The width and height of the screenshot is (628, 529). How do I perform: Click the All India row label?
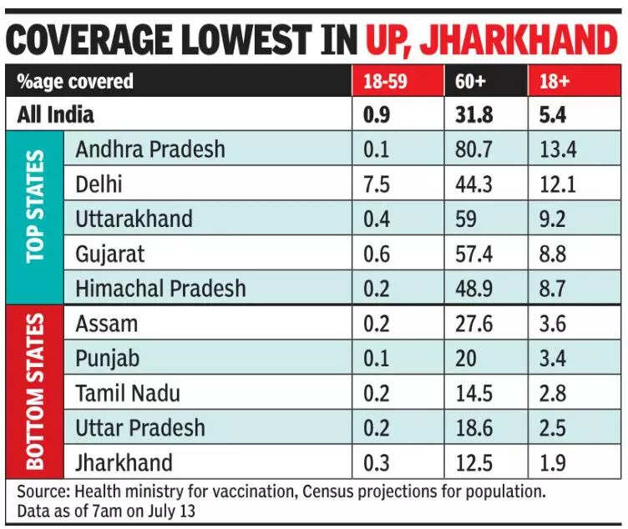59,114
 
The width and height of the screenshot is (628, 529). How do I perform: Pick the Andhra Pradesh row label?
149,149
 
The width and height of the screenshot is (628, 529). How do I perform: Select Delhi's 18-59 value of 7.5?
377,184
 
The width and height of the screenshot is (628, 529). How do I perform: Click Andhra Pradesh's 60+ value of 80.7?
473,149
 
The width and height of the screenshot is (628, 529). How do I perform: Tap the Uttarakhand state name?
134,219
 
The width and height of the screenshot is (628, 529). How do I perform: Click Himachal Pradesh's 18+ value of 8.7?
554,289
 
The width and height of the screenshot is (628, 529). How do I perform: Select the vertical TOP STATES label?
35,219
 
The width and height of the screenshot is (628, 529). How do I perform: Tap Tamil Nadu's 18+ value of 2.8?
554,393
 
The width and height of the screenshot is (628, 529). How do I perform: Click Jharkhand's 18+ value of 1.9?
553,463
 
